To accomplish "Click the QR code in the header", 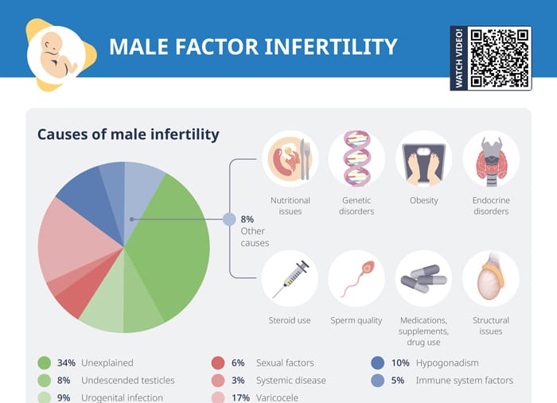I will pos(499,57).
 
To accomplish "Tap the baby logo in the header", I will pos(57,55).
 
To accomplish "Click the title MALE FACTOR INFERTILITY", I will pos(252,47).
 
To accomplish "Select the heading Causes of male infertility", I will pos(128,134).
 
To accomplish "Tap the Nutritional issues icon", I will pos(290,159).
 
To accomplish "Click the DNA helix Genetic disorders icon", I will pos(356,159).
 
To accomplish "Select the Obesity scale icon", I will pos(423,159).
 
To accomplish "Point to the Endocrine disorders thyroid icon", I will pos(490,159).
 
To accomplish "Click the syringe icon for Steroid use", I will pos(290,279).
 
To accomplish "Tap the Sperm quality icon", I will pos(356,279).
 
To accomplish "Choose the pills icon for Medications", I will pos(423,279).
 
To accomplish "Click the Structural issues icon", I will pos(490,279).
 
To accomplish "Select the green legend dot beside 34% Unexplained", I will pos(45,363).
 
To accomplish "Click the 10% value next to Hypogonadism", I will pos(401,363).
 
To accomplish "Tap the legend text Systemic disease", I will pos(290,381).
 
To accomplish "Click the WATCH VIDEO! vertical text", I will pos(458,57).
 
